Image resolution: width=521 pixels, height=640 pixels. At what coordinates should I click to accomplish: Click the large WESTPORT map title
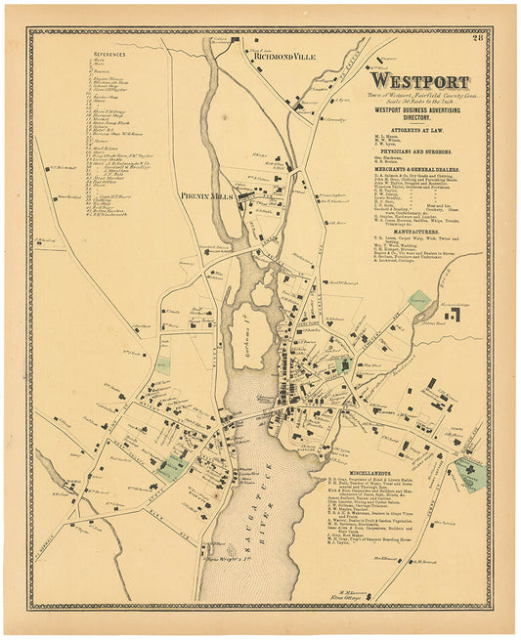point(421,82)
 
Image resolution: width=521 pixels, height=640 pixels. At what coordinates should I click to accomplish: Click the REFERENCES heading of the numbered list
point(110,53)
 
